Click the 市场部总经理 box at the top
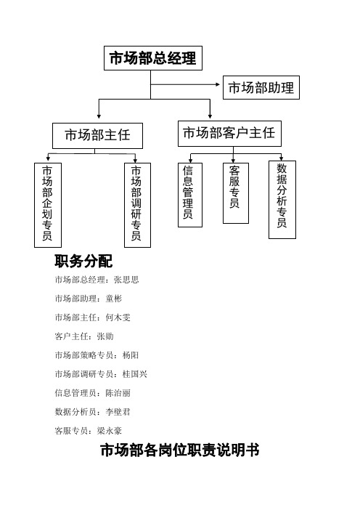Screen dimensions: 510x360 152,59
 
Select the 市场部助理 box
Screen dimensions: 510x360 261,88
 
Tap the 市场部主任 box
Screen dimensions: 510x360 97,135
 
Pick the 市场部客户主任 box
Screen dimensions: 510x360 228,133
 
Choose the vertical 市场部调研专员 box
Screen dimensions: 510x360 136,203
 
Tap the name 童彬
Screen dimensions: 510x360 115,299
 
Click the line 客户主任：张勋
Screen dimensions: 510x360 83,336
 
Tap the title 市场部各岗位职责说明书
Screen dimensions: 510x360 180,451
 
